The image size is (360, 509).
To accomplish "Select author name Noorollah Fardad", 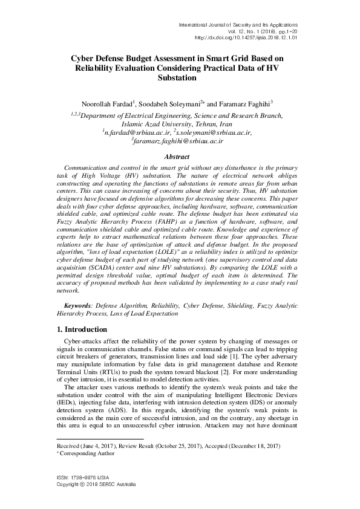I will (x=107, y=103).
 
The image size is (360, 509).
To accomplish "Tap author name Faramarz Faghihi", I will (x=239, y=103).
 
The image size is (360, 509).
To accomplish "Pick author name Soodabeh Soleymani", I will (x=172, y=103).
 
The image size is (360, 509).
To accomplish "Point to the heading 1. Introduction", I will (x=77, y=329).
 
